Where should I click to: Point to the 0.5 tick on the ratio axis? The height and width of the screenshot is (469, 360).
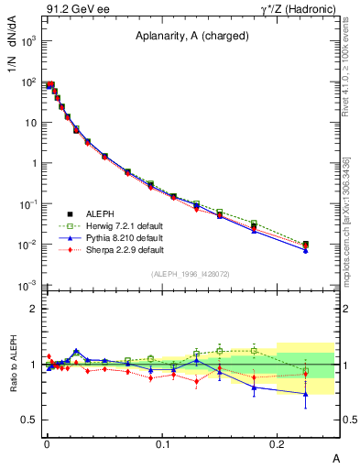(x=30, y=420)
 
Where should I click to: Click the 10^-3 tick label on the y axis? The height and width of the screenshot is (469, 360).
(x=27, y=285)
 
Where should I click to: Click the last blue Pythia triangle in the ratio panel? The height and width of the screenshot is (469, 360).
(x=306, y=394)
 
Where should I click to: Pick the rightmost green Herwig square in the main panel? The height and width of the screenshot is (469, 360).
(x=306, y=244)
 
